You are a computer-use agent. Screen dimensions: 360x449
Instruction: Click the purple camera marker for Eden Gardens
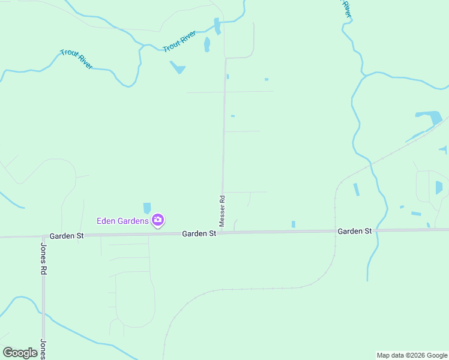click(x=158, y=220)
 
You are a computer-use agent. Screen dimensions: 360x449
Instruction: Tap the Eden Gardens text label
click(x=122, y=221)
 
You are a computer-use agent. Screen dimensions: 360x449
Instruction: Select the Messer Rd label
click(x=222, y=211)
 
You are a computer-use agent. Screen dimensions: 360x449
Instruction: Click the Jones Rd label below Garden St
click(x=43, y=258)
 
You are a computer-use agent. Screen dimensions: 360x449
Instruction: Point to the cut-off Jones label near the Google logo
click(x=43, y=349)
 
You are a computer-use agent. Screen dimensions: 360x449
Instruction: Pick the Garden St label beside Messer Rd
click(x=199, y=233)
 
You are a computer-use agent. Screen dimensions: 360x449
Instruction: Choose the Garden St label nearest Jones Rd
click(x=67, y=236)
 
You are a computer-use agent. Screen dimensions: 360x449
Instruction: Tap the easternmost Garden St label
click(x=354, y=231)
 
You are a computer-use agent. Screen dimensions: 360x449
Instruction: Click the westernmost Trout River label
click(x=76, y=59)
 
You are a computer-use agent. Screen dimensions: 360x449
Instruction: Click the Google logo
click(x=20, y=352)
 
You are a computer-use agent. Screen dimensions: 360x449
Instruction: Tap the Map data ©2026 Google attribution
click(x=412, y=355)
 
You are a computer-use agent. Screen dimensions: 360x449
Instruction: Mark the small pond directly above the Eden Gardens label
click(x=147, y=208)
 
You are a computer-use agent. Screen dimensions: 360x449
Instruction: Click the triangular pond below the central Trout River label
click(x=178, y=67)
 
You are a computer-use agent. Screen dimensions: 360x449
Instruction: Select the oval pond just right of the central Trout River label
click(x=207, y=44)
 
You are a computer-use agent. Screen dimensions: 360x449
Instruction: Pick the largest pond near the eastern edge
click(x=430, y=117)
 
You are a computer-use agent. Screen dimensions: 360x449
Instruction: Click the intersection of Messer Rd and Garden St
click(x=221, y=232)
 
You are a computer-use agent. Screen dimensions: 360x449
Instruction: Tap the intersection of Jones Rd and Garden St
click(x=43, y=236)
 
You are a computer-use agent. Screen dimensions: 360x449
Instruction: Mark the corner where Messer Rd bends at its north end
click(x=226, y=59)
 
